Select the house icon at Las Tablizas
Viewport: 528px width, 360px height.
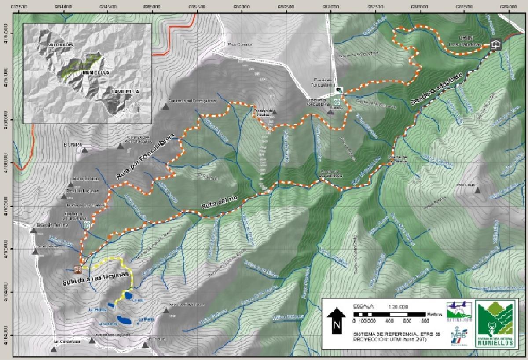[496, 44]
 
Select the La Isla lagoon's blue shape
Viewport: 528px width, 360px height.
[128, 295]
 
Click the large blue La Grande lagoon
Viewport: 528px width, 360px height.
[125, 320]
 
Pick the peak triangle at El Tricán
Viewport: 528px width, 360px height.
[146, 345]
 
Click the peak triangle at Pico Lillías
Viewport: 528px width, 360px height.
[478, 190]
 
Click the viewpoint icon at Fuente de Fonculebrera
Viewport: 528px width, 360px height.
[339, 89]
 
